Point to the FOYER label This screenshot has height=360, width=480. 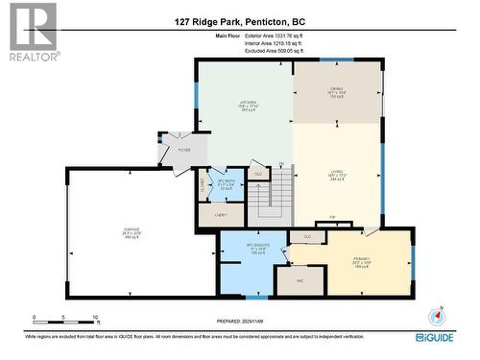pyautogui.click(x=182, y=150)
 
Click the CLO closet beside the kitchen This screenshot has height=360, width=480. pyautogui.click(x=258, y=174)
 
